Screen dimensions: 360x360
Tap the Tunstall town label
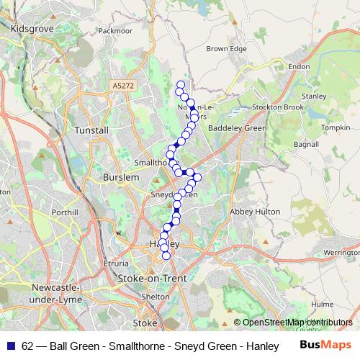[92, 130]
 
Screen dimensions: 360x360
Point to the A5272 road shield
[122, 86]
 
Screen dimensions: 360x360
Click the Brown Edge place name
[226, 49]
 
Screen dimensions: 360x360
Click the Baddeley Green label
[242, 128]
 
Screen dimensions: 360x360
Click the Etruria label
[117, 264]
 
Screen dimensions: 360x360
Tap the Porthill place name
[64, 212]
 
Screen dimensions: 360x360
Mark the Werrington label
[341, 253]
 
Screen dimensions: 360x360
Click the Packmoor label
[116, 31]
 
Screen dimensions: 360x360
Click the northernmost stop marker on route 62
[181, 85]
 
